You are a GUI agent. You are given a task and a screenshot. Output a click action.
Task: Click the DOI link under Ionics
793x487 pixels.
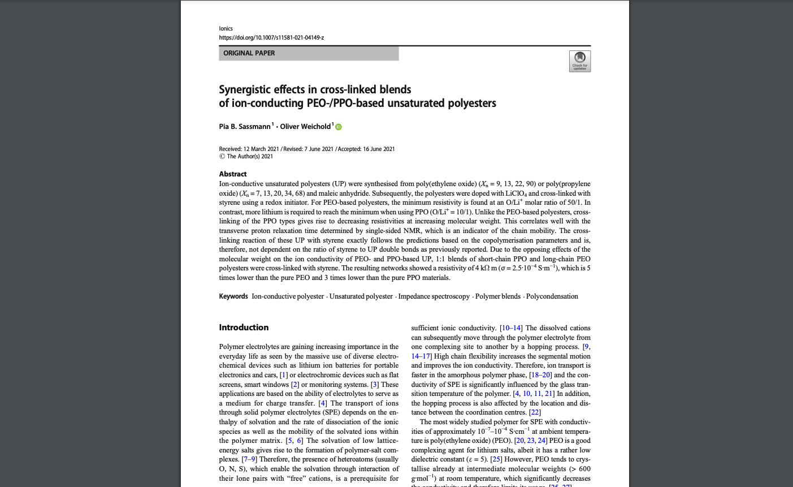[x=271, y=38]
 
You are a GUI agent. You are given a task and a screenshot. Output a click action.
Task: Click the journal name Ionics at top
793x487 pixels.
[x=226, y=28]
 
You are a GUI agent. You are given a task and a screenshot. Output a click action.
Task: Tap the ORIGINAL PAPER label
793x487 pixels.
[x=249, y=53]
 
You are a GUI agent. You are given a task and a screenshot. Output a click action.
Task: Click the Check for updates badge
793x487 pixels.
[x=580, y=61]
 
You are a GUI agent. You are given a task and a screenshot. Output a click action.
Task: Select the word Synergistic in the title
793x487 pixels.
[x=245, y=89]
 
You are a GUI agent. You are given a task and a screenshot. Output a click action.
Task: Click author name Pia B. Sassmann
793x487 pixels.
[x=245, y=127]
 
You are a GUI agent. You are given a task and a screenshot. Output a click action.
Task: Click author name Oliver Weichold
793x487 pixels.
[x=305, y=127]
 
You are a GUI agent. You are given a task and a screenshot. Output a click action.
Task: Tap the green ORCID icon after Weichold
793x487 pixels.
[x=339, y=127]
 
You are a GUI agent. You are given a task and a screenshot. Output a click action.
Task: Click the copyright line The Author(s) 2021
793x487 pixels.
[x=250, y=157]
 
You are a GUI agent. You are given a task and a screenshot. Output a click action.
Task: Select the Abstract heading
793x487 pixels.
[x=233, y=174]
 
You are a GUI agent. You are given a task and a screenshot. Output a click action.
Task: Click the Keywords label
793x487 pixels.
[x=233, y=296]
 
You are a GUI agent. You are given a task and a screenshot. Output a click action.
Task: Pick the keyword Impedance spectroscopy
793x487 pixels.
[x=434, y=296]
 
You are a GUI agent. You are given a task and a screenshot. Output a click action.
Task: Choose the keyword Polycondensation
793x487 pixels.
[x=552, y=296]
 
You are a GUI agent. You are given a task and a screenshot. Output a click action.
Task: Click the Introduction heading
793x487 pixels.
[x=244, y=327]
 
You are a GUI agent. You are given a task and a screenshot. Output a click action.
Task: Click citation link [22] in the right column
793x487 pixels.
[x=535, y=412]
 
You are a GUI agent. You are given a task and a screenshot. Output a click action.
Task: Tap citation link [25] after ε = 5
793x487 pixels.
[x=496, y=459]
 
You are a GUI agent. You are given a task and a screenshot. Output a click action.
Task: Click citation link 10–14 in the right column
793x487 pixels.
[x=512, y=328]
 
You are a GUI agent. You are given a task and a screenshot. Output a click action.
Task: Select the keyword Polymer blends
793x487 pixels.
[x=497, y=296]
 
